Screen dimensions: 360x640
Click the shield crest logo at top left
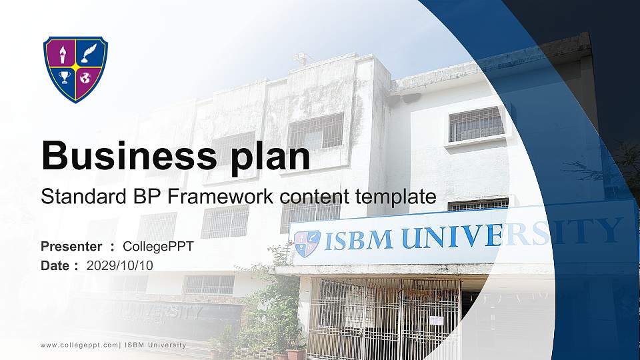click(75, 69)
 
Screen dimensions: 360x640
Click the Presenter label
click(71, 247)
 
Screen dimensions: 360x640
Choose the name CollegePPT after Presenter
click(159, 247)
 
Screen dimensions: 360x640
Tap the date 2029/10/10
click(120, 265)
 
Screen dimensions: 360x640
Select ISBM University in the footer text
click(156, 345)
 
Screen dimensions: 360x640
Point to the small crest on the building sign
click(307, 244)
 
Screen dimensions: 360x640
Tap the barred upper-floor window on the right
click(476, 125)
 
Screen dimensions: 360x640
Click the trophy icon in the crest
click(64, 78)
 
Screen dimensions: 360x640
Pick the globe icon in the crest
click(86, 79)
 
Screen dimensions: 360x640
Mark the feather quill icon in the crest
click(87, 53)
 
